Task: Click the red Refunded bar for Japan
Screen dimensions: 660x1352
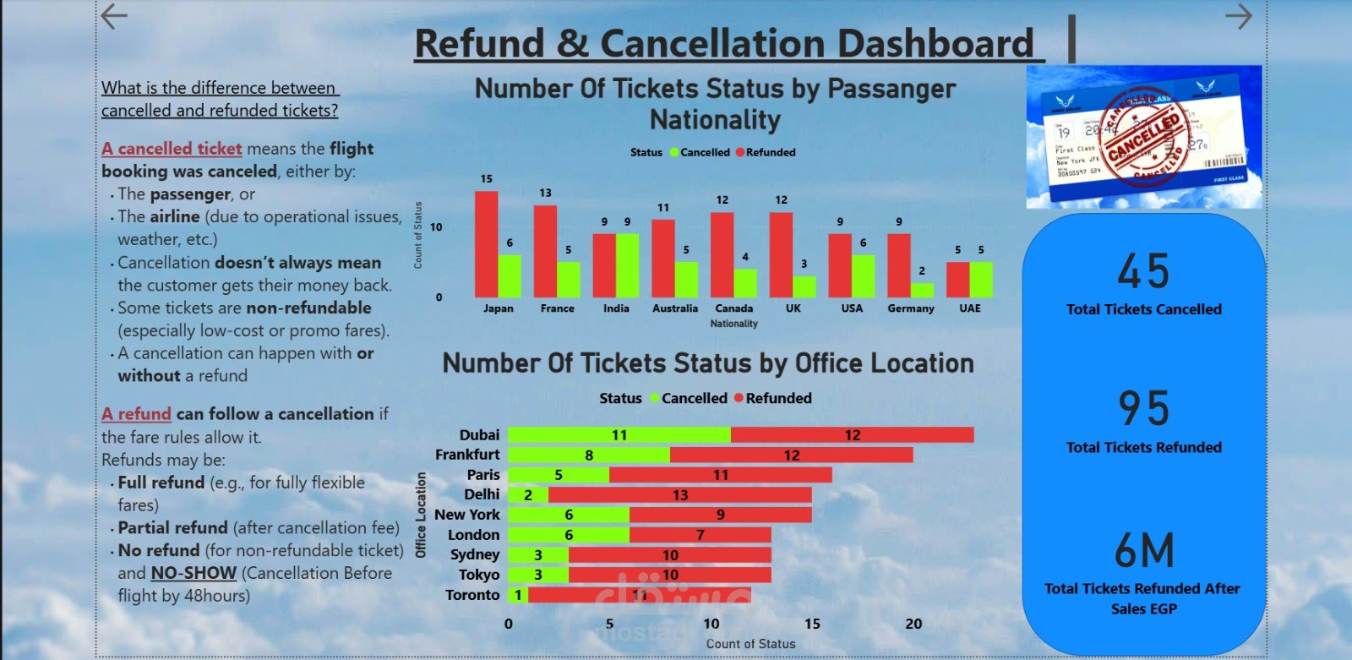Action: (x=486, y=244)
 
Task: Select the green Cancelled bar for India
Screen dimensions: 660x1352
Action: (x=627, y=265)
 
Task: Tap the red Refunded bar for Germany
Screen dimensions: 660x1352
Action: (x=898, y=265)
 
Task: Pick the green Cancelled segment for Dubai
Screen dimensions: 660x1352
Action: (x=619, y=434)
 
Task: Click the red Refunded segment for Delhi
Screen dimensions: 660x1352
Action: (x=680, y=494)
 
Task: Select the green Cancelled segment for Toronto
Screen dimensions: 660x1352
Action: (x=518, y=594)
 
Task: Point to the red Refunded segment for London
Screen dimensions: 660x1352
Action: (x=700, y=534)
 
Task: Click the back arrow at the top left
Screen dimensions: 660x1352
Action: (x=114, y=16)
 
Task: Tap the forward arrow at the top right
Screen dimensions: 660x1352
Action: (x=1238, y=16)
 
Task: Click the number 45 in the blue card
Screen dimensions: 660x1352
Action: (x=1143, y=271)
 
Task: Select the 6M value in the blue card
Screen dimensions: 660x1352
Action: (x=1144, y=551)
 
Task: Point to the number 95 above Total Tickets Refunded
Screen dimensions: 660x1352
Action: (x=1143, y=408)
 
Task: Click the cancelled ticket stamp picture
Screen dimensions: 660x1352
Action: (x=1143, y=137)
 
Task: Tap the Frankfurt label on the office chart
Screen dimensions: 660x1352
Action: (x=467, y=455)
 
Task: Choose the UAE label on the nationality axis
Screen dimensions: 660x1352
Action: (x=969, y=308)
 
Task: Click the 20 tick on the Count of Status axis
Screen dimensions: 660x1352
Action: (x=913, y=624)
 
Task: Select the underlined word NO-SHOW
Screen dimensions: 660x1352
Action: (x=194, y=573)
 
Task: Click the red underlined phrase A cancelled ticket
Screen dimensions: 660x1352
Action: (x=172, y=149)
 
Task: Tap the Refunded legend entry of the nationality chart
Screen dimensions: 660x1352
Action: (x=766, y=152)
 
